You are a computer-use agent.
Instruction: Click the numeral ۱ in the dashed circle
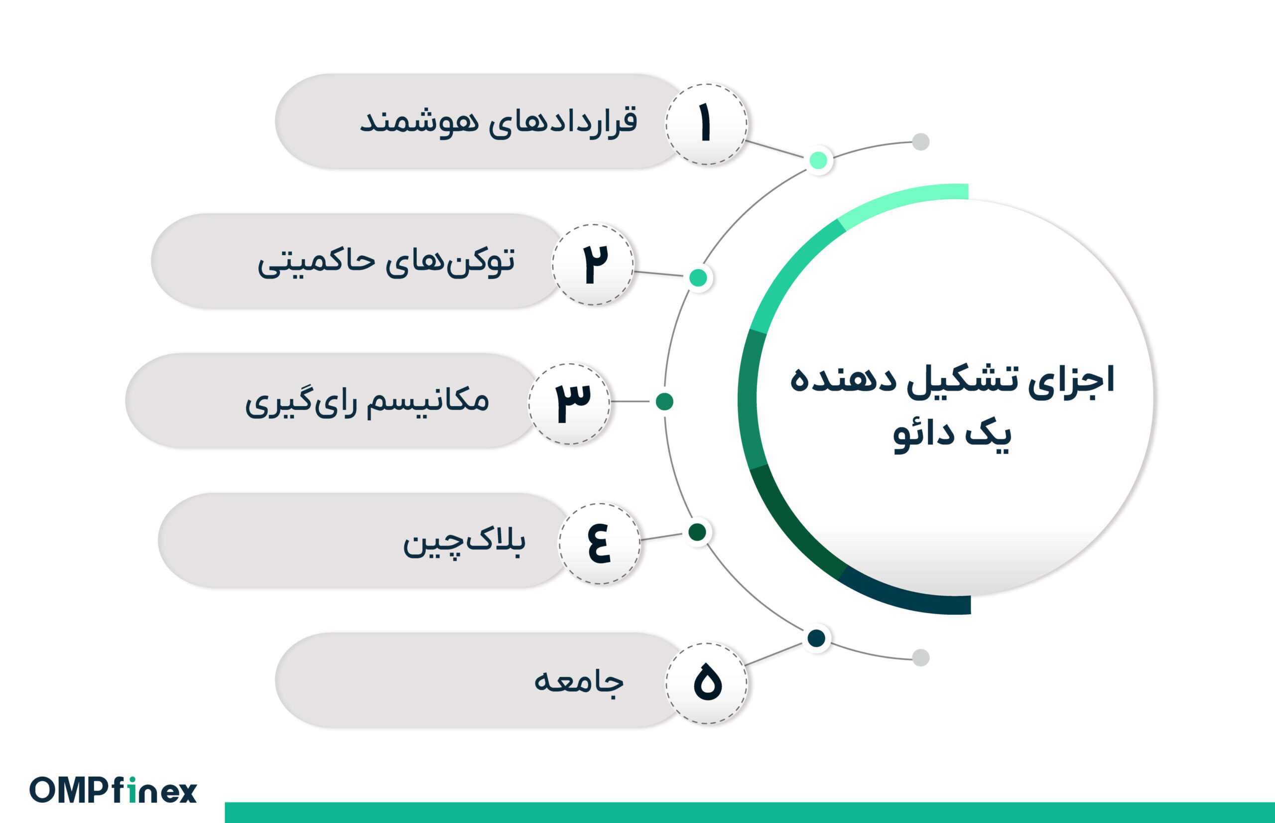coord(705,124)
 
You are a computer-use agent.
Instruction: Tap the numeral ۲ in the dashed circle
coord(594,264)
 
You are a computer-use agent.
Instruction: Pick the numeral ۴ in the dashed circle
coord(599,544)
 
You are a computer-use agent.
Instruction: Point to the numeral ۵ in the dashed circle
coord(707,683)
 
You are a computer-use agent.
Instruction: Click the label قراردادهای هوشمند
coord(499,122)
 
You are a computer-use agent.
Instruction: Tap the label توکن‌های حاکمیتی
coord(386,262)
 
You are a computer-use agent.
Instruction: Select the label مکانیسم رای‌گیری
coord(367,402)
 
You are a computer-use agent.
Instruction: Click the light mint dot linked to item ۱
coord(818,160)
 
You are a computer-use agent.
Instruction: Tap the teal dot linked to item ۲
coord(698,277)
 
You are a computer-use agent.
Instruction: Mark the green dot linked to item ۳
coord(664,402)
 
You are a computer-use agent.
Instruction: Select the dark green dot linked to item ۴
coord(697,532)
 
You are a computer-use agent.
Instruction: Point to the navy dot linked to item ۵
coord(816,638)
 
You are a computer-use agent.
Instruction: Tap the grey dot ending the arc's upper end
coord(920,141)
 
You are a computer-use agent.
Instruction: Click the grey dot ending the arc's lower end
coord(920,657)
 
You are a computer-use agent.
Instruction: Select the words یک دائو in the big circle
coord(952,434)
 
